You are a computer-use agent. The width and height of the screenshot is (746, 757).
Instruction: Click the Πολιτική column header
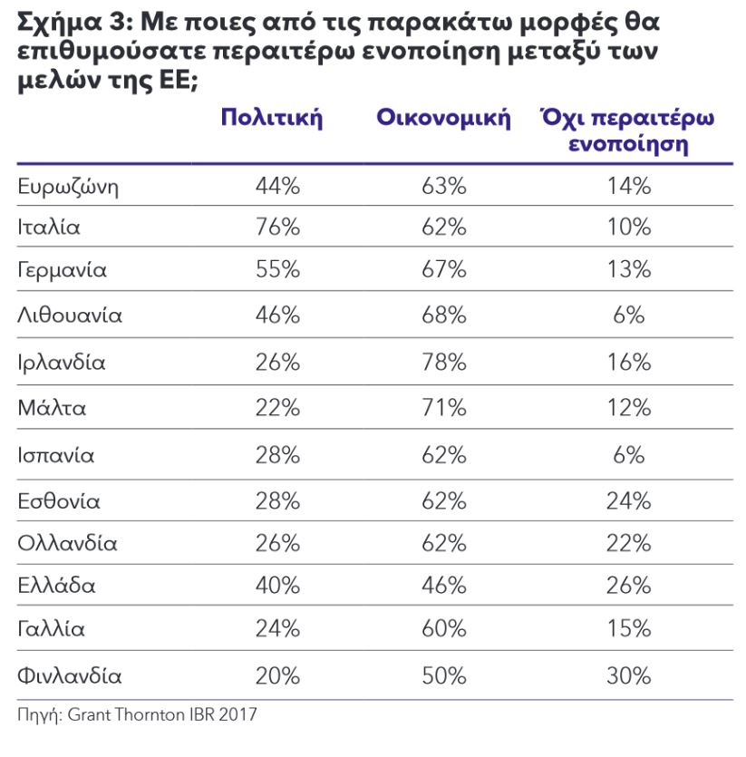click(271, 118)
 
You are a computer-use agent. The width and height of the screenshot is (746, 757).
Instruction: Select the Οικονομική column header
click(443, 118)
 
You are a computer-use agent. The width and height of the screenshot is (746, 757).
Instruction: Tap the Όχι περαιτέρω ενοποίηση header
click(627, 131)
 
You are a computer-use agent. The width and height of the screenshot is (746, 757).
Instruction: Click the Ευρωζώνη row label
click(68, 187)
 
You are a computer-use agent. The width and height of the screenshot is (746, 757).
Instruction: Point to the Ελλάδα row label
click(56, 585)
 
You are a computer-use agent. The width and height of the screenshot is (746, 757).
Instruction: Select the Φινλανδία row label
click(70, 676)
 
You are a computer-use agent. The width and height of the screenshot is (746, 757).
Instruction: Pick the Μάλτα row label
click(53, 408)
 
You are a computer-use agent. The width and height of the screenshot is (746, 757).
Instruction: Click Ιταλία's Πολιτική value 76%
click(277, 227)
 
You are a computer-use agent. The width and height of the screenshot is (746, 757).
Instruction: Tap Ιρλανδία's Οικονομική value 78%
click(444, 362)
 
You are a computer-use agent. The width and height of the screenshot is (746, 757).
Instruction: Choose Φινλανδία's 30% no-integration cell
click(629, 676)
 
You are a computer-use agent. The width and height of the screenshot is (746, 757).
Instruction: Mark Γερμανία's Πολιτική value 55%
click(277, 269)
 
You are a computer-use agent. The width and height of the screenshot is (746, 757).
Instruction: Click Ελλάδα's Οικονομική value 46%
click(444, 585)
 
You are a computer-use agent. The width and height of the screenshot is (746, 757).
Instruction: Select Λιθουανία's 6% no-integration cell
click(629, 315)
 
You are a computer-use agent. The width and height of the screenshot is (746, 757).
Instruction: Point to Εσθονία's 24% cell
click(629, 501)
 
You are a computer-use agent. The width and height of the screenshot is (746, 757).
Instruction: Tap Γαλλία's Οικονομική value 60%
click(444, 628)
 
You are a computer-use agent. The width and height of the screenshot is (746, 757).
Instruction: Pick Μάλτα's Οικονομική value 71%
click(444, 408)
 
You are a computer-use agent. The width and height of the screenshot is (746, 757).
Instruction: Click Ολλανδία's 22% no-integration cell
click(629, 544)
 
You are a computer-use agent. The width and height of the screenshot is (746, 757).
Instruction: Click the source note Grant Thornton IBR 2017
click(162, 714)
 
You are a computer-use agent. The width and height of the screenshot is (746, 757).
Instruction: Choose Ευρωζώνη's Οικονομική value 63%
click(444, 187)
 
